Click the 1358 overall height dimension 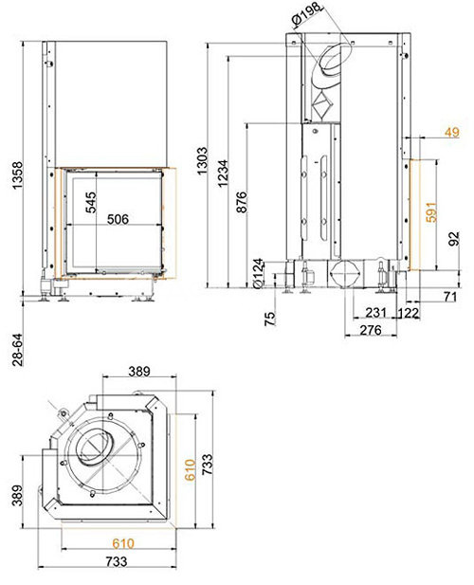click(x=17, y=175)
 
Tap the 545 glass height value click(x=90, y=203)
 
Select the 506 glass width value click(x=118, y=219)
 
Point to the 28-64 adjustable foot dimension click(x=17, y=349)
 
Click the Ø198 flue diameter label click(x=306, y=16)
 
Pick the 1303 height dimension click(x=202, y=160)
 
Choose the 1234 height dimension click(x=223, y=174)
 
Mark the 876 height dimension click(x=242, y=202)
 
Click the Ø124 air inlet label click(x=258, y=273)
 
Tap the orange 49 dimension click(x=452, y=133)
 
